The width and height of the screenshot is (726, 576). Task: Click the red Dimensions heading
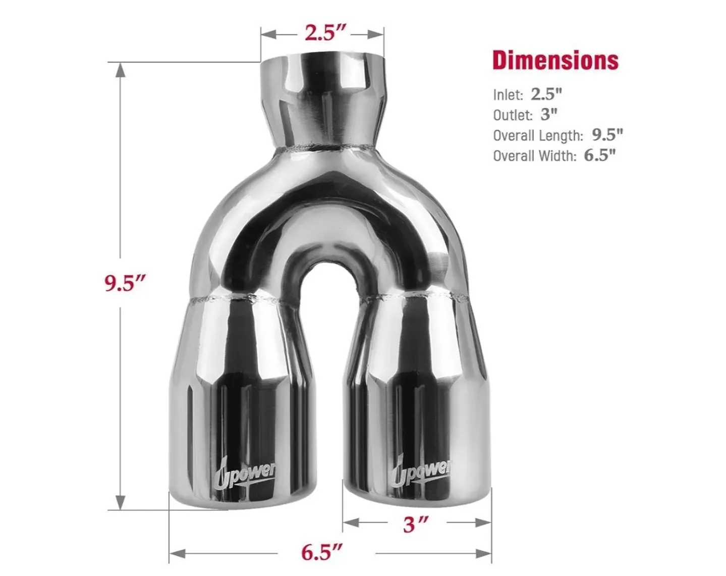pos(555,60)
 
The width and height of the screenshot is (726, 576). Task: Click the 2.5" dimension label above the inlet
pos(325,33)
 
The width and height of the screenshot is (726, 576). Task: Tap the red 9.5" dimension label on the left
pos(125,283)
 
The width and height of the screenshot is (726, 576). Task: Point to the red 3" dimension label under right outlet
pos(416,525)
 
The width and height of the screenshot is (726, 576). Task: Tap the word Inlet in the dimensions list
pos(508,95)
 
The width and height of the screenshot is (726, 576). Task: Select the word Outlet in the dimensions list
pos(513,115)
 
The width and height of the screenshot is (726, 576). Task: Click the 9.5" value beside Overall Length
pos(607,135)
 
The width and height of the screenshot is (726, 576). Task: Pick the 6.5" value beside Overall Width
pos(600,155)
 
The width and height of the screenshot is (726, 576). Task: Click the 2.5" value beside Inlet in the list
pos(546,94)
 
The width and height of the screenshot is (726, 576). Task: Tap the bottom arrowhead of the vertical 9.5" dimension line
pos(120,503)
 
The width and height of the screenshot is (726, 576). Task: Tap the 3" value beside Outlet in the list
pos(549,115)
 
